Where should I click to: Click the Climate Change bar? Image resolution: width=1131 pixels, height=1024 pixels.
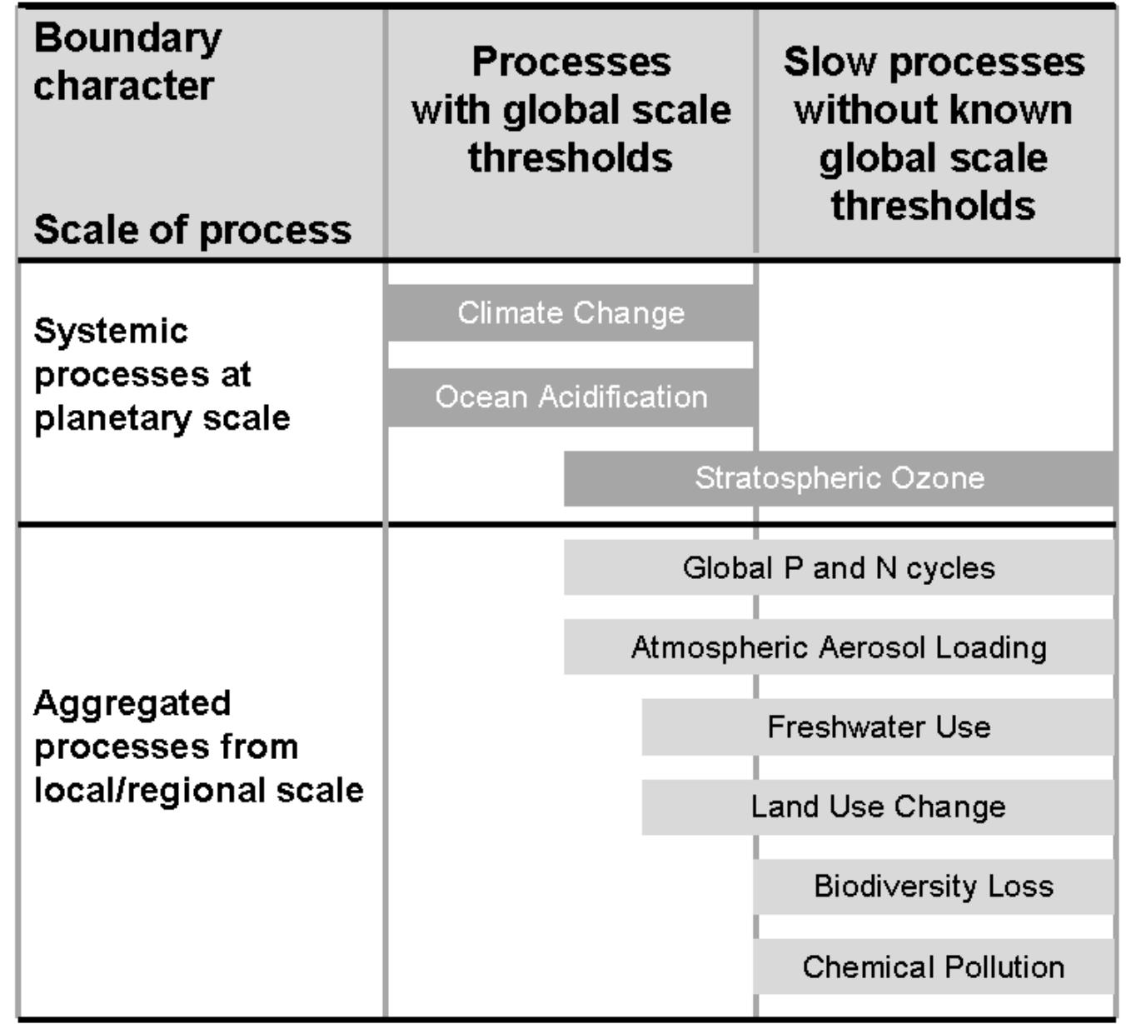pyautogui.click(x=570, y=312)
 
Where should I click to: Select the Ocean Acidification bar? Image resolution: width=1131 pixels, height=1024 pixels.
pyautogui.click(x=570, y=397)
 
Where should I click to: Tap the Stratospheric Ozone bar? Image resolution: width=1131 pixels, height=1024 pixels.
pyautogui.click(x=839, y=478)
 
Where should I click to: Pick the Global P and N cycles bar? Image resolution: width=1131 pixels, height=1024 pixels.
pyautogui.click(x=839, y=567)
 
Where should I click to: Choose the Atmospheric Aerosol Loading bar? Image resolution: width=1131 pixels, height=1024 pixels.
pyautogui.click(x=839, y=647)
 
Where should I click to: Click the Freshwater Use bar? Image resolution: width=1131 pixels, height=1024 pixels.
pyautogui.click(x=878, y=727)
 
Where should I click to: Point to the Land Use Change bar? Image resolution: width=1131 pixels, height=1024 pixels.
pyautogui.click(x=878, y=807)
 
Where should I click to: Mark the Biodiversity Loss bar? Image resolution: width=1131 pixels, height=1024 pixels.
pyautogui.click(x=934, y=887)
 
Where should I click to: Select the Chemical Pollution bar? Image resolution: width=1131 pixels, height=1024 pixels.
pyautogui.click(x=934, y=967)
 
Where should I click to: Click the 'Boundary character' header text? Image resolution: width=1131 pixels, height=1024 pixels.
pyautogui.click(x=127, y=62)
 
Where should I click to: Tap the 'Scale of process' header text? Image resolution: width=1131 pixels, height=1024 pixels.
pyautogui.click(x=192, y=231)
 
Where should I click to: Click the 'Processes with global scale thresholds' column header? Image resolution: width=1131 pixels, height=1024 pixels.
pyautogui.click(x=571, y=109)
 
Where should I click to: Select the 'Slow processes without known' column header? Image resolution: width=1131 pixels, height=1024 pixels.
pyautogui.click(x=934, y=86)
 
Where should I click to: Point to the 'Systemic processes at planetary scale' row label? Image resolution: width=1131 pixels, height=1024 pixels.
pyautogui.click(x=162, y=375)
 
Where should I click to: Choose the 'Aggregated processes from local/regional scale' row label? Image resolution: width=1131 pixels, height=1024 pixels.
pyautogui.click(x=198, y=747)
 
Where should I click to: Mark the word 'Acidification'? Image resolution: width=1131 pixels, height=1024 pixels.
pyautogui.click(x=623, y=397)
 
